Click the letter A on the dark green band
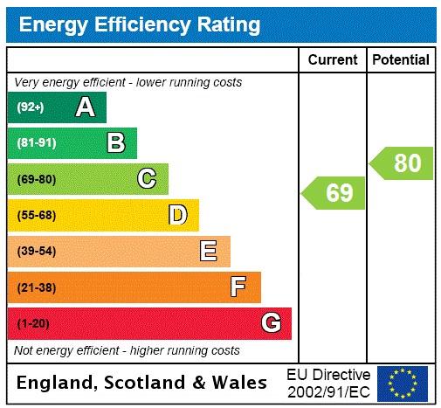(85, 107)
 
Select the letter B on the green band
(115, 142)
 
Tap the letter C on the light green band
(147, 179)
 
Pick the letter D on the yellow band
(177, 215)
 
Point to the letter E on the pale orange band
(208, 252)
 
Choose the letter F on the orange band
(238, 287)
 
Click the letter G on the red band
(271, 323)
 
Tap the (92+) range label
(31, 107)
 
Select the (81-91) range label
(36, 143)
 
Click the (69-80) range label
(36, 180)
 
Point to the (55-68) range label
(36, 216)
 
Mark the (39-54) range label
(36, 252)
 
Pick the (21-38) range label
(36, 287)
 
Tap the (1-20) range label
(33, 324)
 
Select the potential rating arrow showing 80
(402, 163)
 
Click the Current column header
(333, 60)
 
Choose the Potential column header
(401, 60)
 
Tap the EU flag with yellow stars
(402, 383)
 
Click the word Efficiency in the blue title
(137, 24)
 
